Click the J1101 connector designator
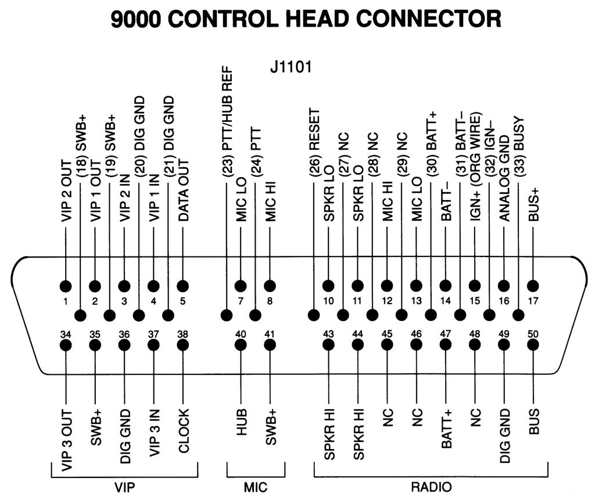click(x=291, y=67)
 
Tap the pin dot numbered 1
click(x=66, y=286)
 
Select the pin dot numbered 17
click(x=533, y=286)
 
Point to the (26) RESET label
click(x=314, y=142)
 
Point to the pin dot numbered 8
click(x=270, y=286)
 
